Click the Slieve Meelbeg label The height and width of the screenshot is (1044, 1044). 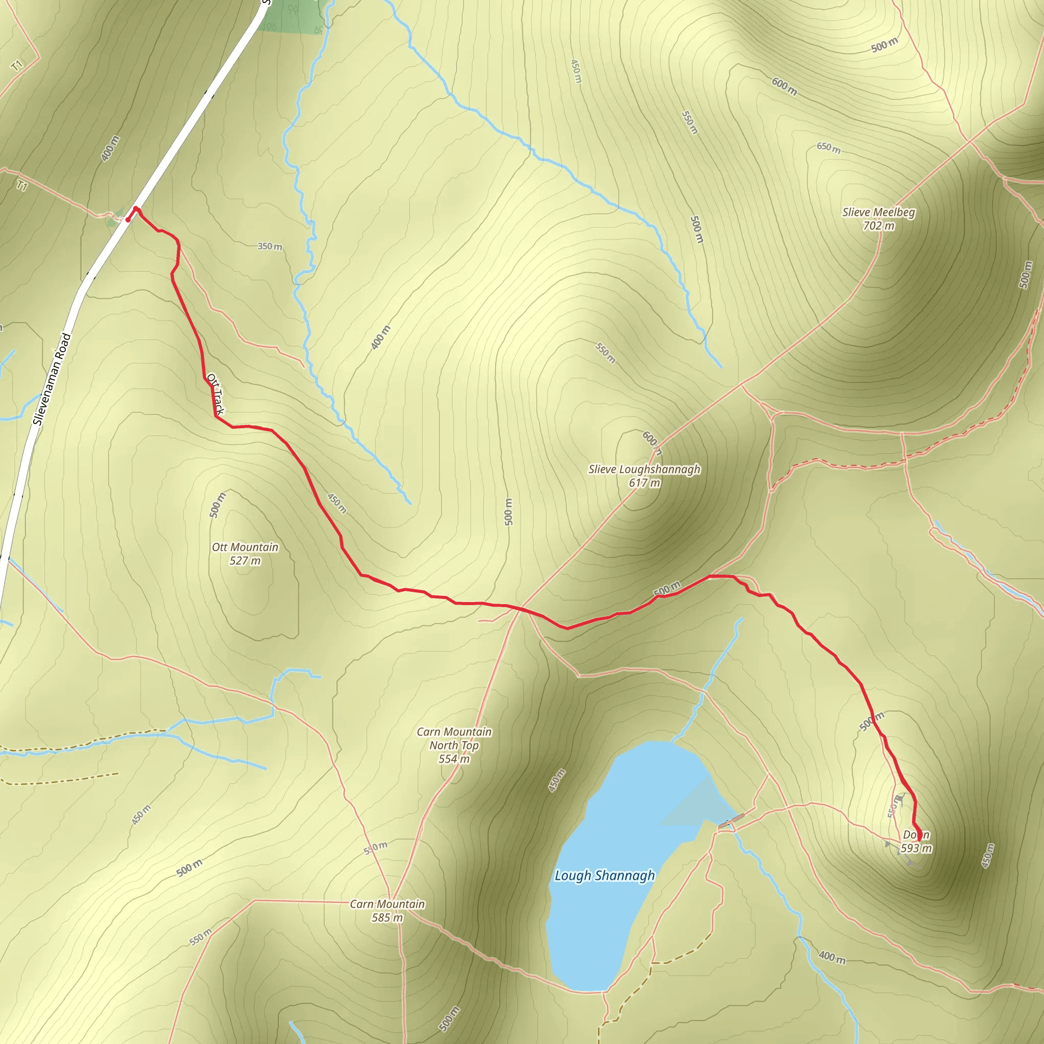tap(879, 213)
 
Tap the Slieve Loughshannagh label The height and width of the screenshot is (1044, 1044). tap(644, 469)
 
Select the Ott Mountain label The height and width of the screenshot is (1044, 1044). tap(245, 547)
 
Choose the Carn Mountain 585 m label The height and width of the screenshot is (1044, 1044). tap(387, 904)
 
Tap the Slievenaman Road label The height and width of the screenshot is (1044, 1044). tap(51, 379)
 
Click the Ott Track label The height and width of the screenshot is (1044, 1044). tap(215, 394)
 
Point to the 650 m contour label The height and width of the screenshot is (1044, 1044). tap(828, 147)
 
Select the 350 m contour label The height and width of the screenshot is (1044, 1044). tap(270, 246)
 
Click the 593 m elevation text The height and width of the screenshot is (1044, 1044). tap(916, 848)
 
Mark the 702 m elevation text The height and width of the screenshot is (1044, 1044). tap(879, 226)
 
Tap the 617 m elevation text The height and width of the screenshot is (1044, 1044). tap(644, 483)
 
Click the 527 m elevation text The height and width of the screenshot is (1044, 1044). tap(245, 561)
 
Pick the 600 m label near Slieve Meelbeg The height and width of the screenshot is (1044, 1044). tap(784, 87)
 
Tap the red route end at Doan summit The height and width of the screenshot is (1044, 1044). tap(919, 839)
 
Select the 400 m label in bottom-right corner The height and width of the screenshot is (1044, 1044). tap(831, 957)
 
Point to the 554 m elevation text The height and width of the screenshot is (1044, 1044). tap(454, 759)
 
